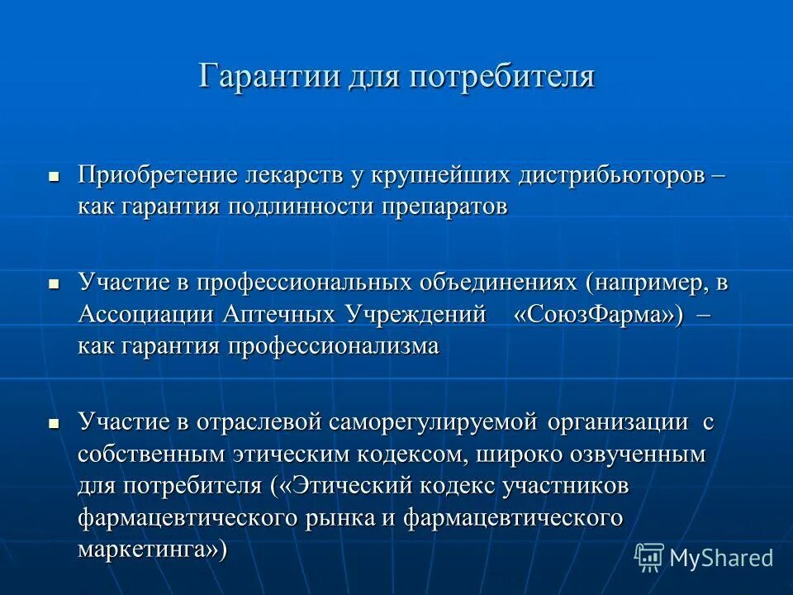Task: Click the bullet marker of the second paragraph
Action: pyautogui.click(x=55, y=283)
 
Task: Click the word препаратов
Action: pyautogui.click(x=444, y=206)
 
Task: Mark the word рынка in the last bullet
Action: pyautogui.click(x=391, y=517)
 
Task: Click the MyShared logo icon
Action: pyautogui.click(x=649, y=556)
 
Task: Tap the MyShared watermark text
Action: pyautogui.click(x=721, y=558)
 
